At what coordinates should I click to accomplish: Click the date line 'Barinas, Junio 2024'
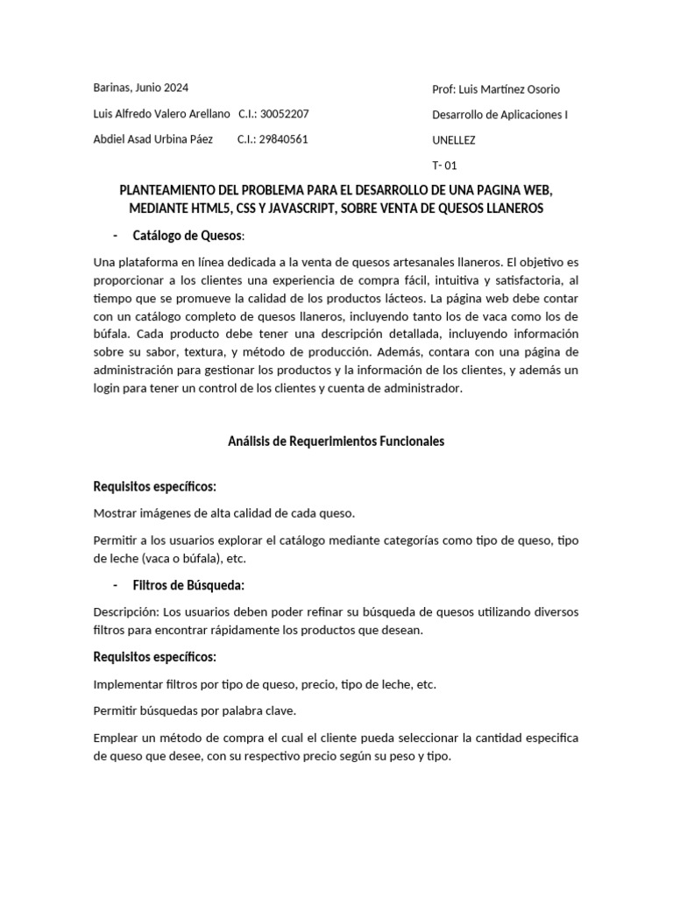click(140, 88)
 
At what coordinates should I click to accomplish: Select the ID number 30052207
click(285, 114)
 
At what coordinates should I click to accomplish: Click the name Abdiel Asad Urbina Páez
click(152, 139)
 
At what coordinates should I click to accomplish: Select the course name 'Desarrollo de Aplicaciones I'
click(499, 115)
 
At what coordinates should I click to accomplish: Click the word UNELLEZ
click(454, 140)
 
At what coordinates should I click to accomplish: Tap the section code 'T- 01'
click(444, 165)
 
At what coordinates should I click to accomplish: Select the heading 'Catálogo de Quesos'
click(188, 236)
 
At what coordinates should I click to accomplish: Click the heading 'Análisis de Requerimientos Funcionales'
click(336, 441)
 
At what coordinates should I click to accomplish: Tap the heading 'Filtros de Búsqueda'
click(188, 584)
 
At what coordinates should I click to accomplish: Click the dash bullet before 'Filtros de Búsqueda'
click(117, 584)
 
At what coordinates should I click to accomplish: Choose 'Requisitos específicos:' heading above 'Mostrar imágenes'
click(154, 486)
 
